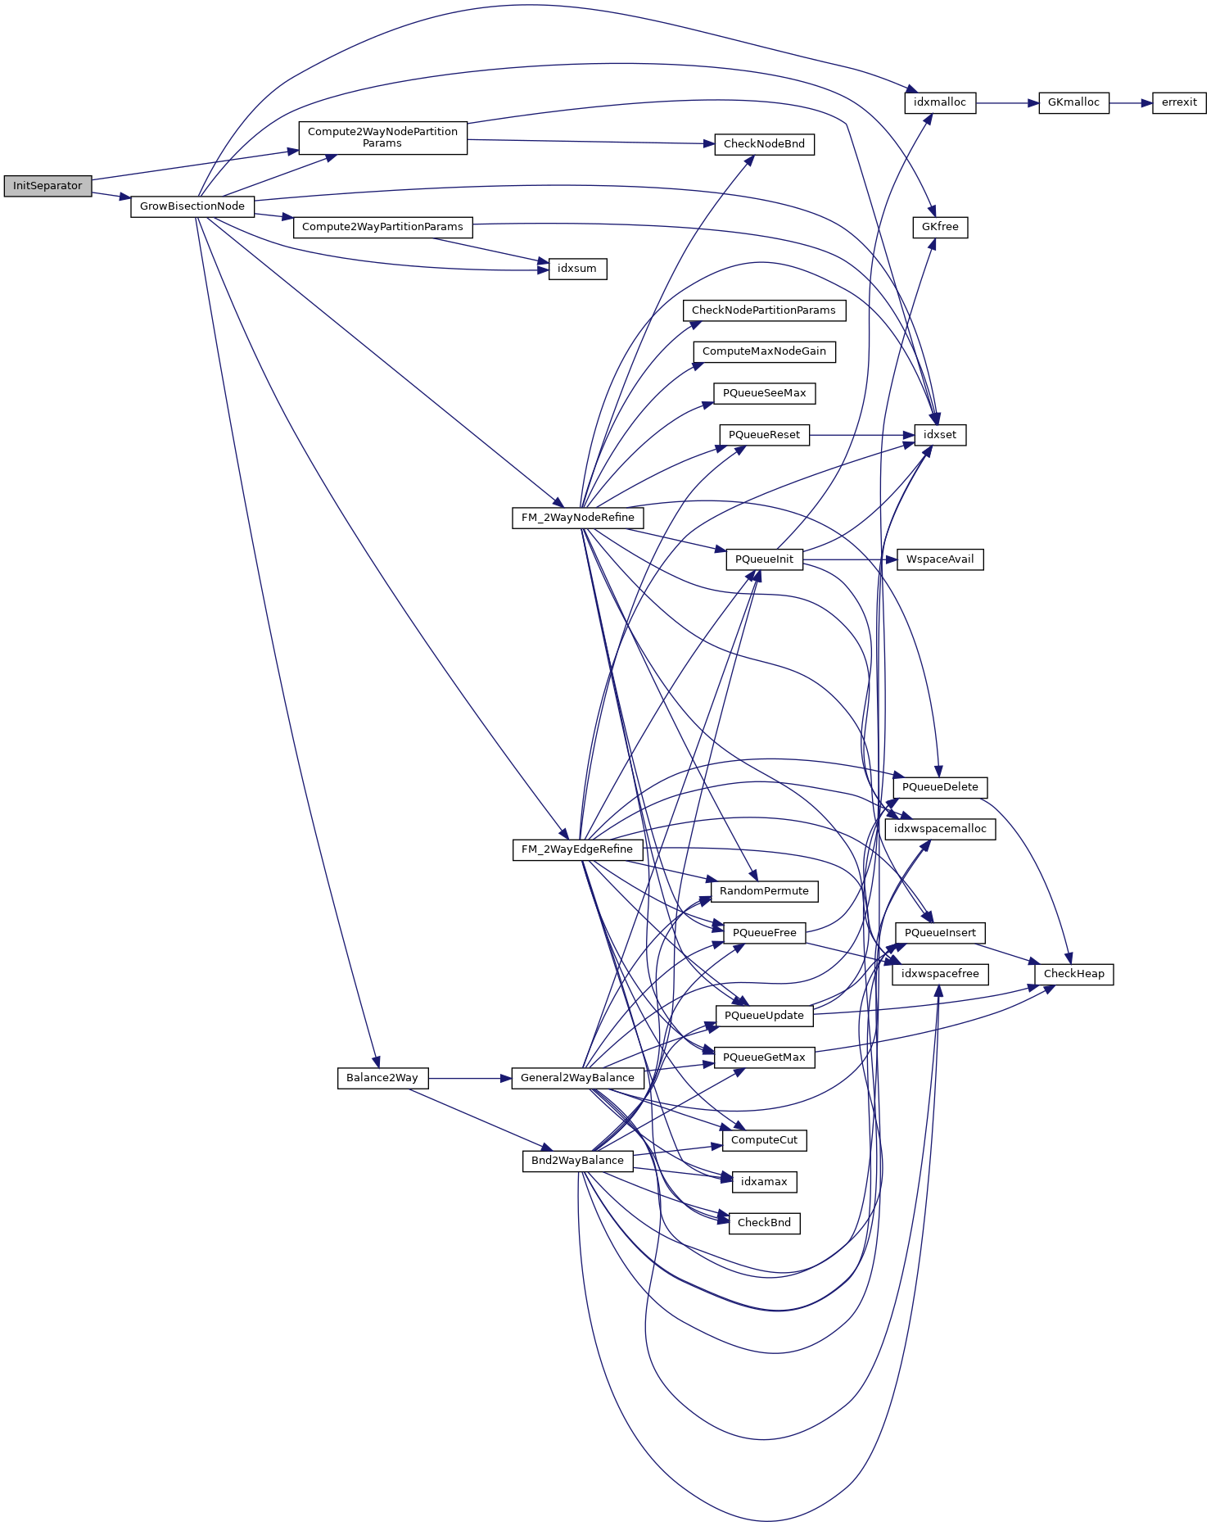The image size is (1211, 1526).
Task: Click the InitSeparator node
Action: pyautogui.click(x=47, y=186)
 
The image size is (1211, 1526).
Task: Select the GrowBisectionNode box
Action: pyautogui.click(x=192, y=206)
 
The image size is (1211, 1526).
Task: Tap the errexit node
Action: pyautogui.click(x=1179, y=103)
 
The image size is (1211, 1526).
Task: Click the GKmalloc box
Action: pyautogui.click(x=1073, y=103)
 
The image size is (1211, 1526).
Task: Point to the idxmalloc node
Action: pyautogui.click(x=940, y=103)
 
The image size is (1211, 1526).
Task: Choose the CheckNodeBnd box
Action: pyautogui.click(x=764, y=144)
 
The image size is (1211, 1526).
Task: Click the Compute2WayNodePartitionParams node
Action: pyautogui.click(x=382, y=138)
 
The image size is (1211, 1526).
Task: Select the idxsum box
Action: pyautogui.click(x=577, y=269)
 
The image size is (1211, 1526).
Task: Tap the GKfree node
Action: pyautogui.click(x=940, y=227)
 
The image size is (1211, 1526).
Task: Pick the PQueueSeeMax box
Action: pyautogui.click(x=764, y=393)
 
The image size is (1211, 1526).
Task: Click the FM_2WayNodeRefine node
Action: pyautogui.click(x=577, y=518)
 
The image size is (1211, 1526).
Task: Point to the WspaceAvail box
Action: pyautogui.click(x=940, y=559)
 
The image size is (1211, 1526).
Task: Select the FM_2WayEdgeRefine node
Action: pyautogui.click(x=577, y=849)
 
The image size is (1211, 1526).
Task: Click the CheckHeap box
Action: pyautogui.click(x=1073, y=974)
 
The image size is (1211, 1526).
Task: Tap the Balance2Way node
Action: pyautogui.click(x=382, y=1078)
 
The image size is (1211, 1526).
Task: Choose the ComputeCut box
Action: pyautogui.click(x=764, y=1140)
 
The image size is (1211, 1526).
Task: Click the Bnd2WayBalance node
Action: pyautogui.click(x=577, y=1161)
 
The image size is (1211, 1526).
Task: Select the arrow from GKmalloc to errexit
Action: pyautogui.click(x=1131, y=103)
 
